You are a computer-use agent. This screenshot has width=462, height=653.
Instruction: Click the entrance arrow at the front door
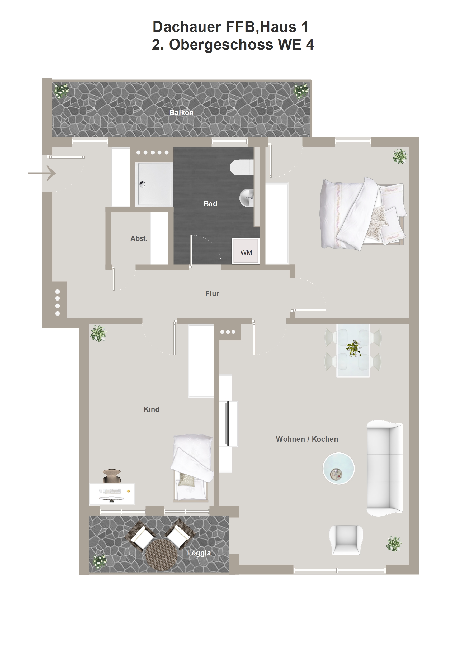pos(42,173)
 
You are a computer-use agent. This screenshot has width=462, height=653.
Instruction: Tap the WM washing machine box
pos(246,251)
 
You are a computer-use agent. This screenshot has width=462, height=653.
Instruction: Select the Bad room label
pos(210,204)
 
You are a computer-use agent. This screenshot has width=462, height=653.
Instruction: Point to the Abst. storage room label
pos(139,238)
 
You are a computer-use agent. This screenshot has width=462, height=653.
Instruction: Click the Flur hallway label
pos(212,294)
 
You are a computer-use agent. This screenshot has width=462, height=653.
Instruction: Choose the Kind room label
pos(152,409)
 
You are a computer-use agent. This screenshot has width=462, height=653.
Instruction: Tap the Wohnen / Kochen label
pos(307,439)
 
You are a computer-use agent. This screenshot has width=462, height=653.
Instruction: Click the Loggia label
pos(199,553)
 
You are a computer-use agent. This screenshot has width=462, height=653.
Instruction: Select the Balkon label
pos(181,112)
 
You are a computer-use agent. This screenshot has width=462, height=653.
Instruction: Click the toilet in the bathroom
pos(241,168)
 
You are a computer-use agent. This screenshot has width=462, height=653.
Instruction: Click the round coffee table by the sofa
pos(338,468)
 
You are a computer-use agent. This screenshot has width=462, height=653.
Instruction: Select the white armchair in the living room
pos(346,540)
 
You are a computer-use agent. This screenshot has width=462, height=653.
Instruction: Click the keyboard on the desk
pos(111,491)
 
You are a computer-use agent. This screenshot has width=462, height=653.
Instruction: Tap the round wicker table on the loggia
pos(161,555)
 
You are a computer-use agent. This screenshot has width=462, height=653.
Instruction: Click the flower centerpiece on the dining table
pos(353,347)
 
